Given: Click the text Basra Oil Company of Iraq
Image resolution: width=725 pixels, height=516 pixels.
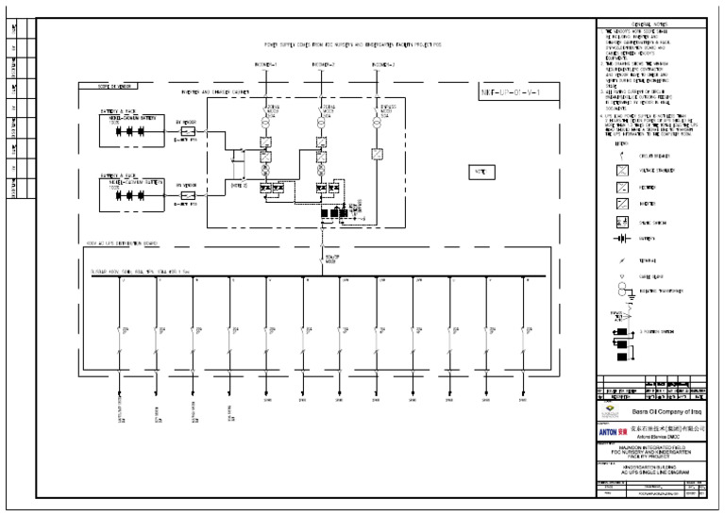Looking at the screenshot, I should (668, 411).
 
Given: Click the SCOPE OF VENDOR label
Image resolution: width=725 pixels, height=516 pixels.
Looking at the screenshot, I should (104, 87).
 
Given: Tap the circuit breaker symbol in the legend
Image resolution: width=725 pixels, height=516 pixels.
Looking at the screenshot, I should (622, 154).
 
